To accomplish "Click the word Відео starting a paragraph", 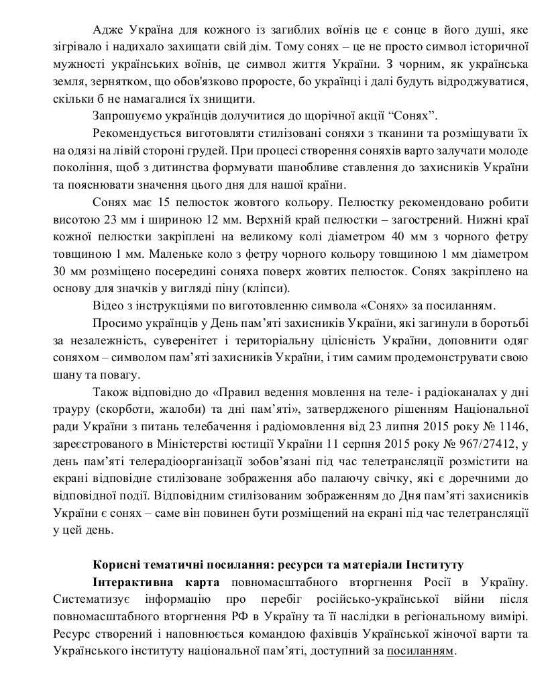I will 109,306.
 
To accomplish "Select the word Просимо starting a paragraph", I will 114,324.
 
